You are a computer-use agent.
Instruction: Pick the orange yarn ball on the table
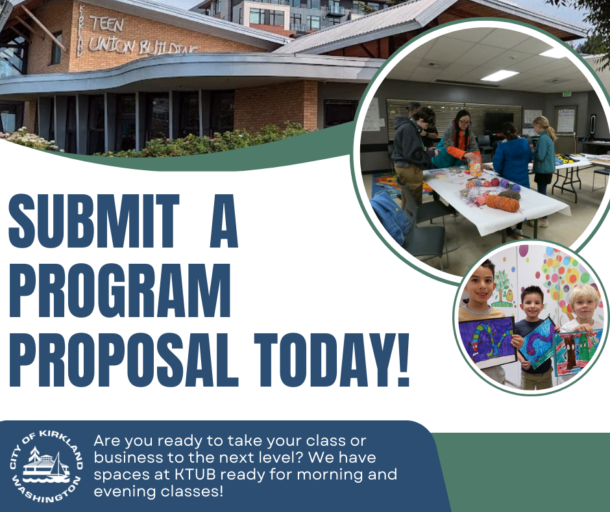502,203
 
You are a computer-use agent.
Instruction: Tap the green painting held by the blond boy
577,351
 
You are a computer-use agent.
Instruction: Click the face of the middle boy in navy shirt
531,302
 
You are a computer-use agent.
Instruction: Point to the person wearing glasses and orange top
461,136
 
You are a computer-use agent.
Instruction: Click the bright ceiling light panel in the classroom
499,75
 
